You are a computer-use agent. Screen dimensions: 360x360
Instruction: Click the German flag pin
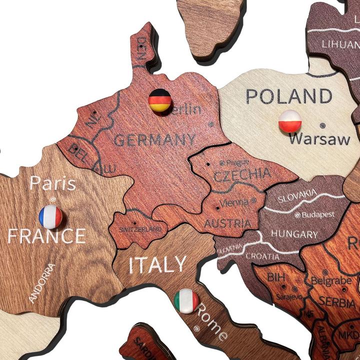tap(160, 100)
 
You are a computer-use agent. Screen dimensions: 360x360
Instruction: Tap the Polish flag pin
tap(290, 121)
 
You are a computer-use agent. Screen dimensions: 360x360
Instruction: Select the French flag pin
tap(50, 216)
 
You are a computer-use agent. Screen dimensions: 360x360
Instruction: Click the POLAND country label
tap(289, 96)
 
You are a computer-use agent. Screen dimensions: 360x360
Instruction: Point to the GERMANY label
tap(154, 139)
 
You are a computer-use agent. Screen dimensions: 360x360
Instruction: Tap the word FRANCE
tap(46, 236)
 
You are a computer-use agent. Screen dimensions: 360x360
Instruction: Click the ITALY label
tap(157, 265)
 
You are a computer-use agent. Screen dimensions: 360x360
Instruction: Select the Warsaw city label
tap(319, 139)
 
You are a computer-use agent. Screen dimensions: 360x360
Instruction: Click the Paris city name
tap(52, 183)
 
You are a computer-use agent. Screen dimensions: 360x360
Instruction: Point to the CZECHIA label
tap(242, 175)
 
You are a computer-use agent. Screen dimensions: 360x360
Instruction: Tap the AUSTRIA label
tap(227, 223)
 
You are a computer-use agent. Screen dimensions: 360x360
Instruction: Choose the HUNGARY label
tap(295, 234)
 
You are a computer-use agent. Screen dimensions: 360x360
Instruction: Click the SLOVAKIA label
tap(297, 195)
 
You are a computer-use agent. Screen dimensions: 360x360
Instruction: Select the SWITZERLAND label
tap(140, 229)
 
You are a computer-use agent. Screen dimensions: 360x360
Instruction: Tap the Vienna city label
tap(233, 202)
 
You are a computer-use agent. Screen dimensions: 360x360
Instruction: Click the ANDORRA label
tap(42, 283)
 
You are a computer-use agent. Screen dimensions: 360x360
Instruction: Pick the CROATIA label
tap(262, 256)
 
